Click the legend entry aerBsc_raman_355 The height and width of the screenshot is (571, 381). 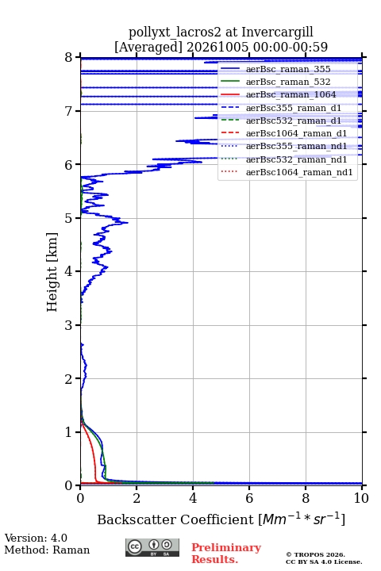click(x=288, y=69)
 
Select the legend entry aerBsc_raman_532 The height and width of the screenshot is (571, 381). click(x=288, y=82)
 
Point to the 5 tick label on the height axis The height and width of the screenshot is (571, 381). click(x=68, y=219)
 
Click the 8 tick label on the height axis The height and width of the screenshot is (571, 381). click(x=68, y=58)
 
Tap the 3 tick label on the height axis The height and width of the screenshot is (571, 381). click(x=68, y=325)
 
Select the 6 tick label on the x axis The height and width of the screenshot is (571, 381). click(x=249, y=498)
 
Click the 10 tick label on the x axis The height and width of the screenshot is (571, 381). click(x=361, y=498)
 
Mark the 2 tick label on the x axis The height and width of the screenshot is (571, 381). click(x=137, y=498)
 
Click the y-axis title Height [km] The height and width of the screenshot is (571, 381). click(x=52, y=272)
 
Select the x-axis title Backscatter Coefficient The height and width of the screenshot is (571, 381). click(x=175, y=519)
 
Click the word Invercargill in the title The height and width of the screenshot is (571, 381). click(x=278, y=33)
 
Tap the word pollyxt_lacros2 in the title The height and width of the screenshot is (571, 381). click(x=175, y=33)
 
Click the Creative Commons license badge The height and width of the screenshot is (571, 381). click(x=152, y=547)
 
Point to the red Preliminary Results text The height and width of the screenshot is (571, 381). click(x=226, y=554)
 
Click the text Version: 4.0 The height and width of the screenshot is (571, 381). click(x=36, y=538)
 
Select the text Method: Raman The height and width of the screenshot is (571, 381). click(x=47, y=550)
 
